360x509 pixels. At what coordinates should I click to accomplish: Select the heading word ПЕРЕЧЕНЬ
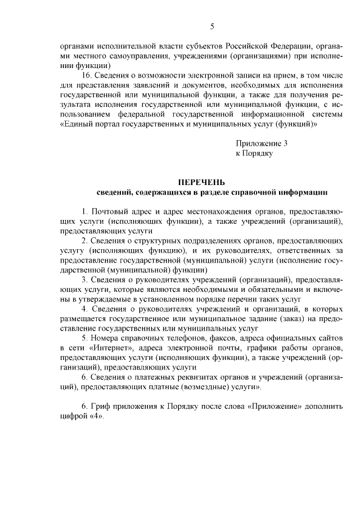point(201,182)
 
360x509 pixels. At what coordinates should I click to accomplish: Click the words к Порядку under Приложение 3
point(254,153)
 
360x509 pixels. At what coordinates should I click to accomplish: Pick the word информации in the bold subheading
point(303,192)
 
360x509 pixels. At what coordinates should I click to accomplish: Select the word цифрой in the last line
point(72,417)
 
